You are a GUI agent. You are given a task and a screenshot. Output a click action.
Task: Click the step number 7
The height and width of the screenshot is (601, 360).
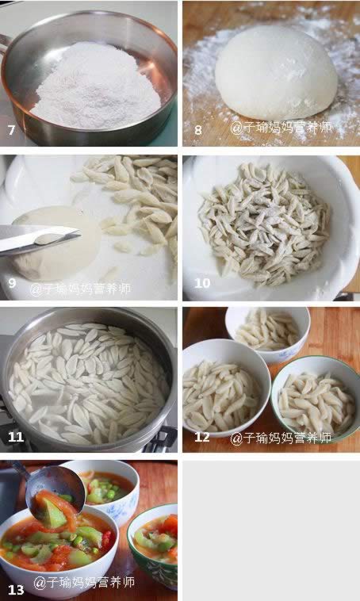click(12, 130)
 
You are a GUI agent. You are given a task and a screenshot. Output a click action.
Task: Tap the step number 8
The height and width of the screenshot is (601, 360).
click(197, 130)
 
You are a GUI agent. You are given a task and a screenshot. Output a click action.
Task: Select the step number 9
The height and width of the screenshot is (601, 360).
click(12, 283)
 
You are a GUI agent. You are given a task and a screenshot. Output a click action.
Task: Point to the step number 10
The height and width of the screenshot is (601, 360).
click(202, 283)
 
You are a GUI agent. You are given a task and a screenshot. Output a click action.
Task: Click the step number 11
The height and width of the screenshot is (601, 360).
click(16, 437)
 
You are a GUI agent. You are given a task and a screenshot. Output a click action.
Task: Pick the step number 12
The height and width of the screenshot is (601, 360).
click(202, 437)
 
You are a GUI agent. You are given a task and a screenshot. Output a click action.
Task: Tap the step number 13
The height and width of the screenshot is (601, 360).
click(16, 589)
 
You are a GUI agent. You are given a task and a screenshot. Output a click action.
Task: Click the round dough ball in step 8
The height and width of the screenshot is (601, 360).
click(276, 73)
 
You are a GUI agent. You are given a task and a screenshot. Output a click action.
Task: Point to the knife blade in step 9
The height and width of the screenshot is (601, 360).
click(38, 238)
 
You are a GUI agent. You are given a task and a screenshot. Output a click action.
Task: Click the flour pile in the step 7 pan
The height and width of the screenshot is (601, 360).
click(96, 86)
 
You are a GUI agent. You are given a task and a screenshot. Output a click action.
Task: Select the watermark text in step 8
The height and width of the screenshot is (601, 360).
click(281, 128)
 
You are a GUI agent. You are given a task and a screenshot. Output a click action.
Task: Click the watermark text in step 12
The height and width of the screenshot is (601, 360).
click(281, 438)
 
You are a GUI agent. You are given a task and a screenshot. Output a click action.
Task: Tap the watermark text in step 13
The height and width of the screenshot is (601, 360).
click(84, 583)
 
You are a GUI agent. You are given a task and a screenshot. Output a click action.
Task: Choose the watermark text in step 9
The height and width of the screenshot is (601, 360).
click(81, 289)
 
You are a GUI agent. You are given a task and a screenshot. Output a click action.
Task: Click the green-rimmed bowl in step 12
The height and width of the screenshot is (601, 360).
click(316, 399)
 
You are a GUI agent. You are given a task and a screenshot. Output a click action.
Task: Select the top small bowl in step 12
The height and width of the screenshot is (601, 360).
click(267, 335)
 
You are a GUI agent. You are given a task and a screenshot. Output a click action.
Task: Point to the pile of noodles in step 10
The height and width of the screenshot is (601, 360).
click(265, 224)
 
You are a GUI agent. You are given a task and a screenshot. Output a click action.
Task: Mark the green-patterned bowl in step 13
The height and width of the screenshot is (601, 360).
click(152, 544)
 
